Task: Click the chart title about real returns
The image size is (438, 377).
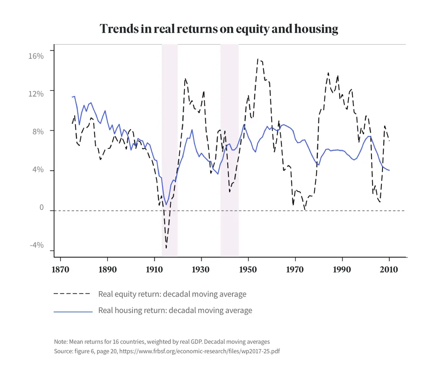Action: point(219,29)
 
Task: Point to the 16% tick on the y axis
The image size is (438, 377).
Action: point(36,56)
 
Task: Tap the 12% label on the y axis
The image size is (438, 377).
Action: point(36,94)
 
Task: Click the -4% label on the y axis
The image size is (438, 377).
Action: point(36,245)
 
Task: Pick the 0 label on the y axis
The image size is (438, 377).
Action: point(41,208)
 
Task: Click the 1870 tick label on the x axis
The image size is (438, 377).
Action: point(61,270)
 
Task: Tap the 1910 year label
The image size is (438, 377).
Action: point(154,270)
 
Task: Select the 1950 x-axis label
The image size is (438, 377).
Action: point(248,270)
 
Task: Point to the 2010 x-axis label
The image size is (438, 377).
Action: point(389,270)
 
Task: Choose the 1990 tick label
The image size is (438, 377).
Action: point(342,270)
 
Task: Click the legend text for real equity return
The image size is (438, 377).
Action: point(172,294)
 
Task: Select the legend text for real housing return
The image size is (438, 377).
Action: point(175,311)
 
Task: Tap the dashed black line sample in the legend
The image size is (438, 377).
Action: point(72,294)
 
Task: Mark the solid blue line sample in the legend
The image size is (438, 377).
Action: point(73,312)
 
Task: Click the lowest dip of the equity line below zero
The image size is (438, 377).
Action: point(166,248)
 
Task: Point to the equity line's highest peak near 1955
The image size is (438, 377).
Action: point(258,59)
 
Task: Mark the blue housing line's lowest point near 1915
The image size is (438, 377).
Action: point(166,205)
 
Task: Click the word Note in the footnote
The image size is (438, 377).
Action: point(61,342)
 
